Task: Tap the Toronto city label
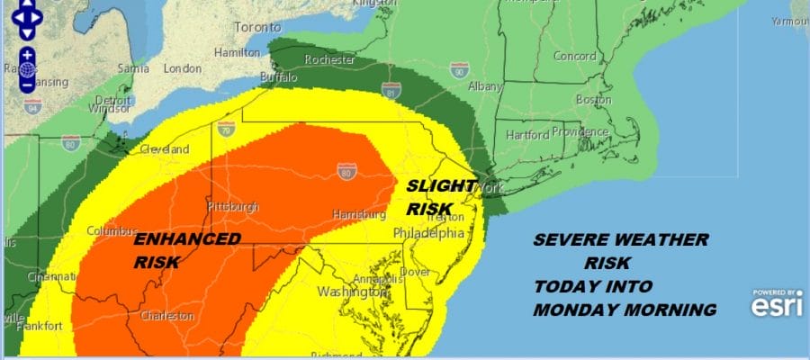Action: [258, 27]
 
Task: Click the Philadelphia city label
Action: [429, 232]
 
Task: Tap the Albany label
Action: [486, 86]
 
